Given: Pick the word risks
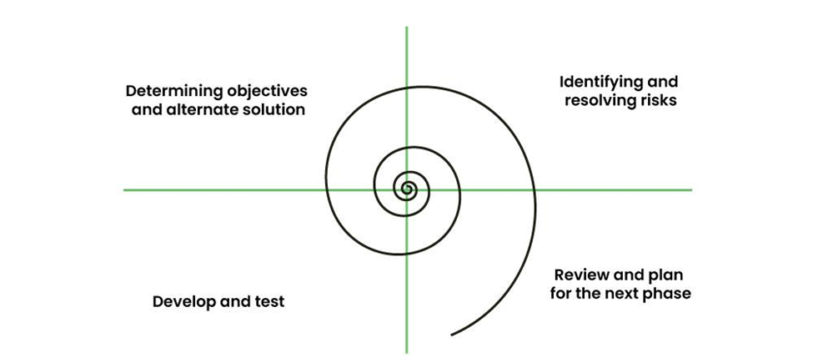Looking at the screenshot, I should coord(659,101).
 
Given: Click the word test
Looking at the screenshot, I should coord(269,301).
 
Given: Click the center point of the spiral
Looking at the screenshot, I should coord(407,190).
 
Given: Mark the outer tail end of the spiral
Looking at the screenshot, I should coord(451,335).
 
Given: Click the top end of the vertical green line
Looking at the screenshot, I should coord(407,28).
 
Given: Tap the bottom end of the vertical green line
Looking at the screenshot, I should coord(407,350).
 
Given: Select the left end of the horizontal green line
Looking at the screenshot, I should coord(124,190).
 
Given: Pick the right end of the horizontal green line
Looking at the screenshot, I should coord(691,190).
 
